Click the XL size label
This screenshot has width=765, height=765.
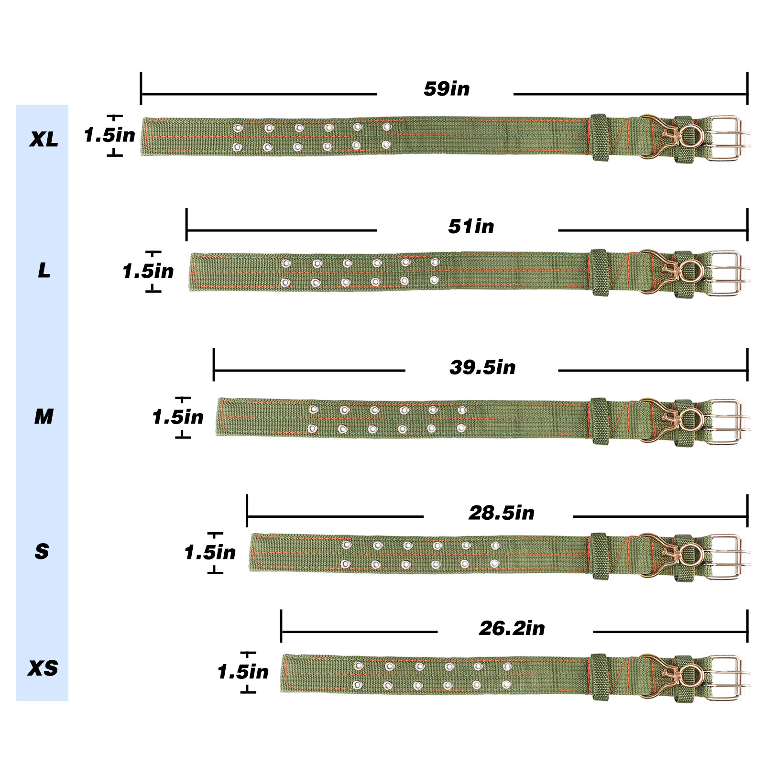[x=44, y=139]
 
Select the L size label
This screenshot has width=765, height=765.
[x=44, y=271]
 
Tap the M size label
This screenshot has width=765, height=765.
[x=44, y=416]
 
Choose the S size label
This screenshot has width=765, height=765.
[x=42, y=552]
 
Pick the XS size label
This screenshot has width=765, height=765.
[x=43, y=668]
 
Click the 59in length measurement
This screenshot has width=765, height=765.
[x=447, y=89]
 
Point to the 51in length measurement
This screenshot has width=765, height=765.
[x=471, y=226]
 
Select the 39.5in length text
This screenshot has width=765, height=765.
[x=482, y=367]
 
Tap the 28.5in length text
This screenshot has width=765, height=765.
[x=502, y=513]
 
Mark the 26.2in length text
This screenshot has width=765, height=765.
[x=512, y=628]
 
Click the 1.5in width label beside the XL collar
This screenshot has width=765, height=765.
[x=109, y=135]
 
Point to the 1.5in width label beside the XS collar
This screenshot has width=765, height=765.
[x=243, y=672]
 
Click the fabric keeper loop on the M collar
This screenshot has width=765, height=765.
[x=599, y=421]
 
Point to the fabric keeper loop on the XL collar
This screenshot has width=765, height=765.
[x=599, y=137]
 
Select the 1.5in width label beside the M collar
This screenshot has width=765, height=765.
[x=178, y=417]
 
